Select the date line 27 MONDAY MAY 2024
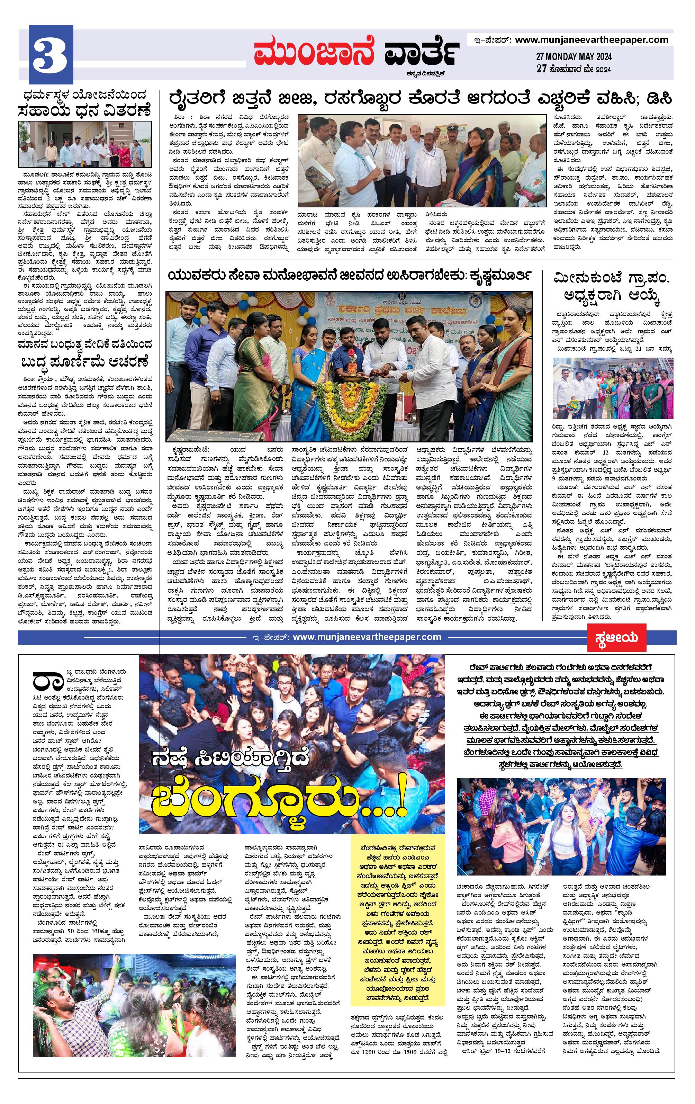click(574, 57)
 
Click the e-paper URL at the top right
click(592, 40)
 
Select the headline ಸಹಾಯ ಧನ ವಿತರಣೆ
click(84, 110)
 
